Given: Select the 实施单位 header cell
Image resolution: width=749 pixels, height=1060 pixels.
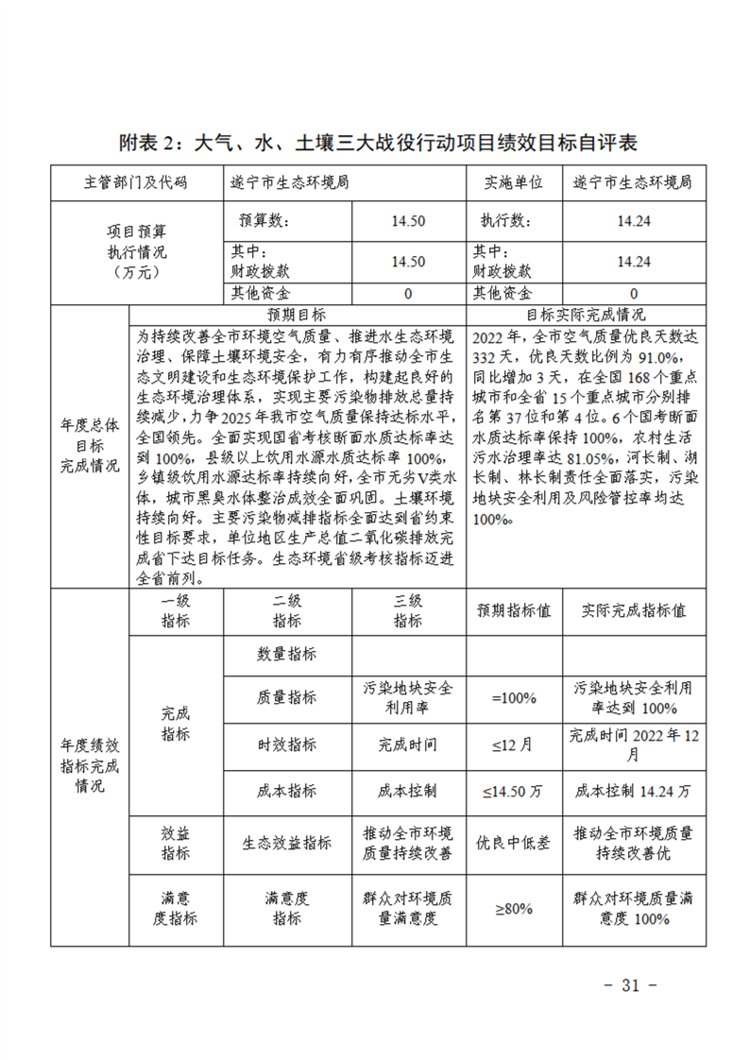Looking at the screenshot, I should point(514,182).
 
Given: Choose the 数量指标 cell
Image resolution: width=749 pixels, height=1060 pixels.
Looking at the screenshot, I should point(287,654).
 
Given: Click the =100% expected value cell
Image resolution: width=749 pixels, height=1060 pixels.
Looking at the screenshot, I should point(514,698).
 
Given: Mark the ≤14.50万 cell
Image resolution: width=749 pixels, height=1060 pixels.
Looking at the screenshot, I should point(514,791).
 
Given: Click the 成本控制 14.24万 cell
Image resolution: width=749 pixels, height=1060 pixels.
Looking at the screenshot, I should point(634,791).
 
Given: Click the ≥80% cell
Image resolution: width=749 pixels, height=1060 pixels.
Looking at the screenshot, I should point(514,908).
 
